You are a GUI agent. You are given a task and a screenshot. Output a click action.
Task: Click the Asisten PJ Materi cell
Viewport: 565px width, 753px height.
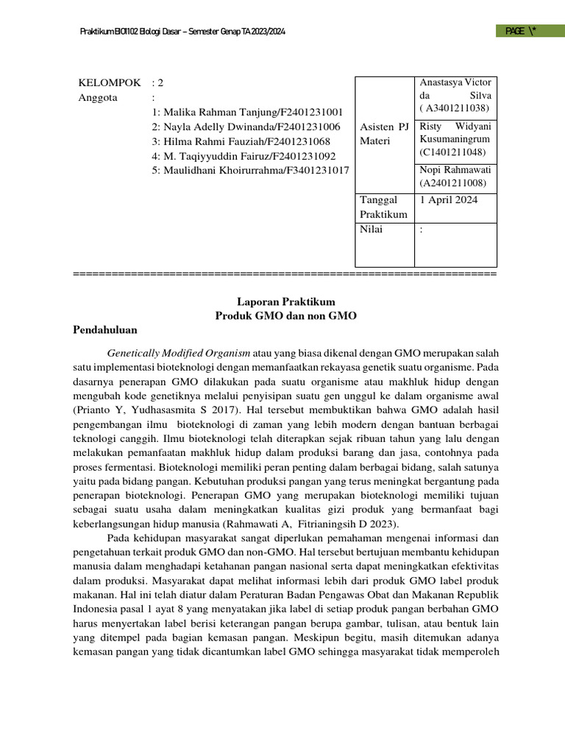pos(384,134)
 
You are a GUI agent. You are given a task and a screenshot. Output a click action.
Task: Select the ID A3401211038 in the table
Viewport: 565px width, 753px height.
pos(455,109)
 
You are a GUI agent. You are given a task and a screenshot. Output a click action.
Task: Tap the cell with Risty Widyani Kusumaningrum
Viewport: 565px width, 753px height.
pos(456,140)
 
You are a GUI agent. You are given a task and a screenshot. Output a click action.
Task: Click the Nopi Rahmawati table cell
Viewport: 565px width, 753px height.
pos(456,176)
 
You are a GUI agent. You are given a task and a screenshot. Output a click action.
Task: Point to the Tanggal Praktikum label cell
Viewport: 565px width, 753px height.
pos(383,207)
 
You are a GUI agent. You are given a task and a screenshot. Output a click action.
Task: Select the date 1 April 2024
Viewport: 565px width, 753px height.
pos(448,200)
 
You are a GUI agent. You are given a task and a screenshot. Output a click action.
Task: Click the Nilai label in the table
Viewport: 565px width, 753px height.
pos(372,229)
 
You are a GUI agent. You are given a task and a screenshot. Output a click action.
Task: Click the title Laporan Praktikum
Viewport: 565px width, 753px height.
pos(285,301)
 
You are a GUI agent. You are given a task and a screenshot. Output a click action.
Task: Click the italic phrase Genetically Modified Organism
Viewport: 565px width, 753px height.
pos(179,352)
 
